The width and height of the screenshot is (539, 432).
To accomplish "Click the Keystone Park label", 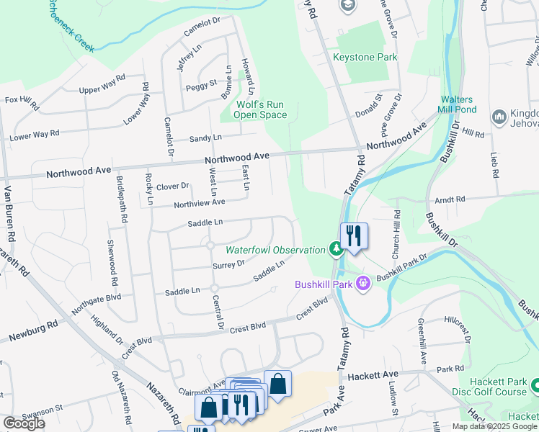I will coord(365,58).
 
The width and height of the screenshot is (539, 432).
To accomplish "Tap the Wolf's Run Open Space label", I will coord(262,109).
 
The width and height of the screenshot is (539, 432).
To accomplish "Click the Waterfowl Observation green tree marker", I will coord(335,250).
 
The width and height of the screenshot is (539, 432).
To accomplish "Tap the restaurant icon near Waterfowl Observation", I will coord(354,236).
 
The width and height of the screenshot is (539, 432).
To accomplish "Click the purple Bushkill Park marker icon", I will coord(362,284).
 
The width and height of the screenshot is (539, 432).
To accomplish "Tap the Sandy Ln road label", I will coord(205,137).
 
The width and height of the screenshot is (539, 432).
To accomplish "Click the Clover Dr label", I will coord(172,186).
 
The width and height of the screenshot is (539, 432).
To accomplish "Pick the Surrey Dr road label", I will coord(231,265).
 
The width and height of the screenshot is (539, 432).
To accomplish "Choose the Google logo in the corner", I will coord(24,423).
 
